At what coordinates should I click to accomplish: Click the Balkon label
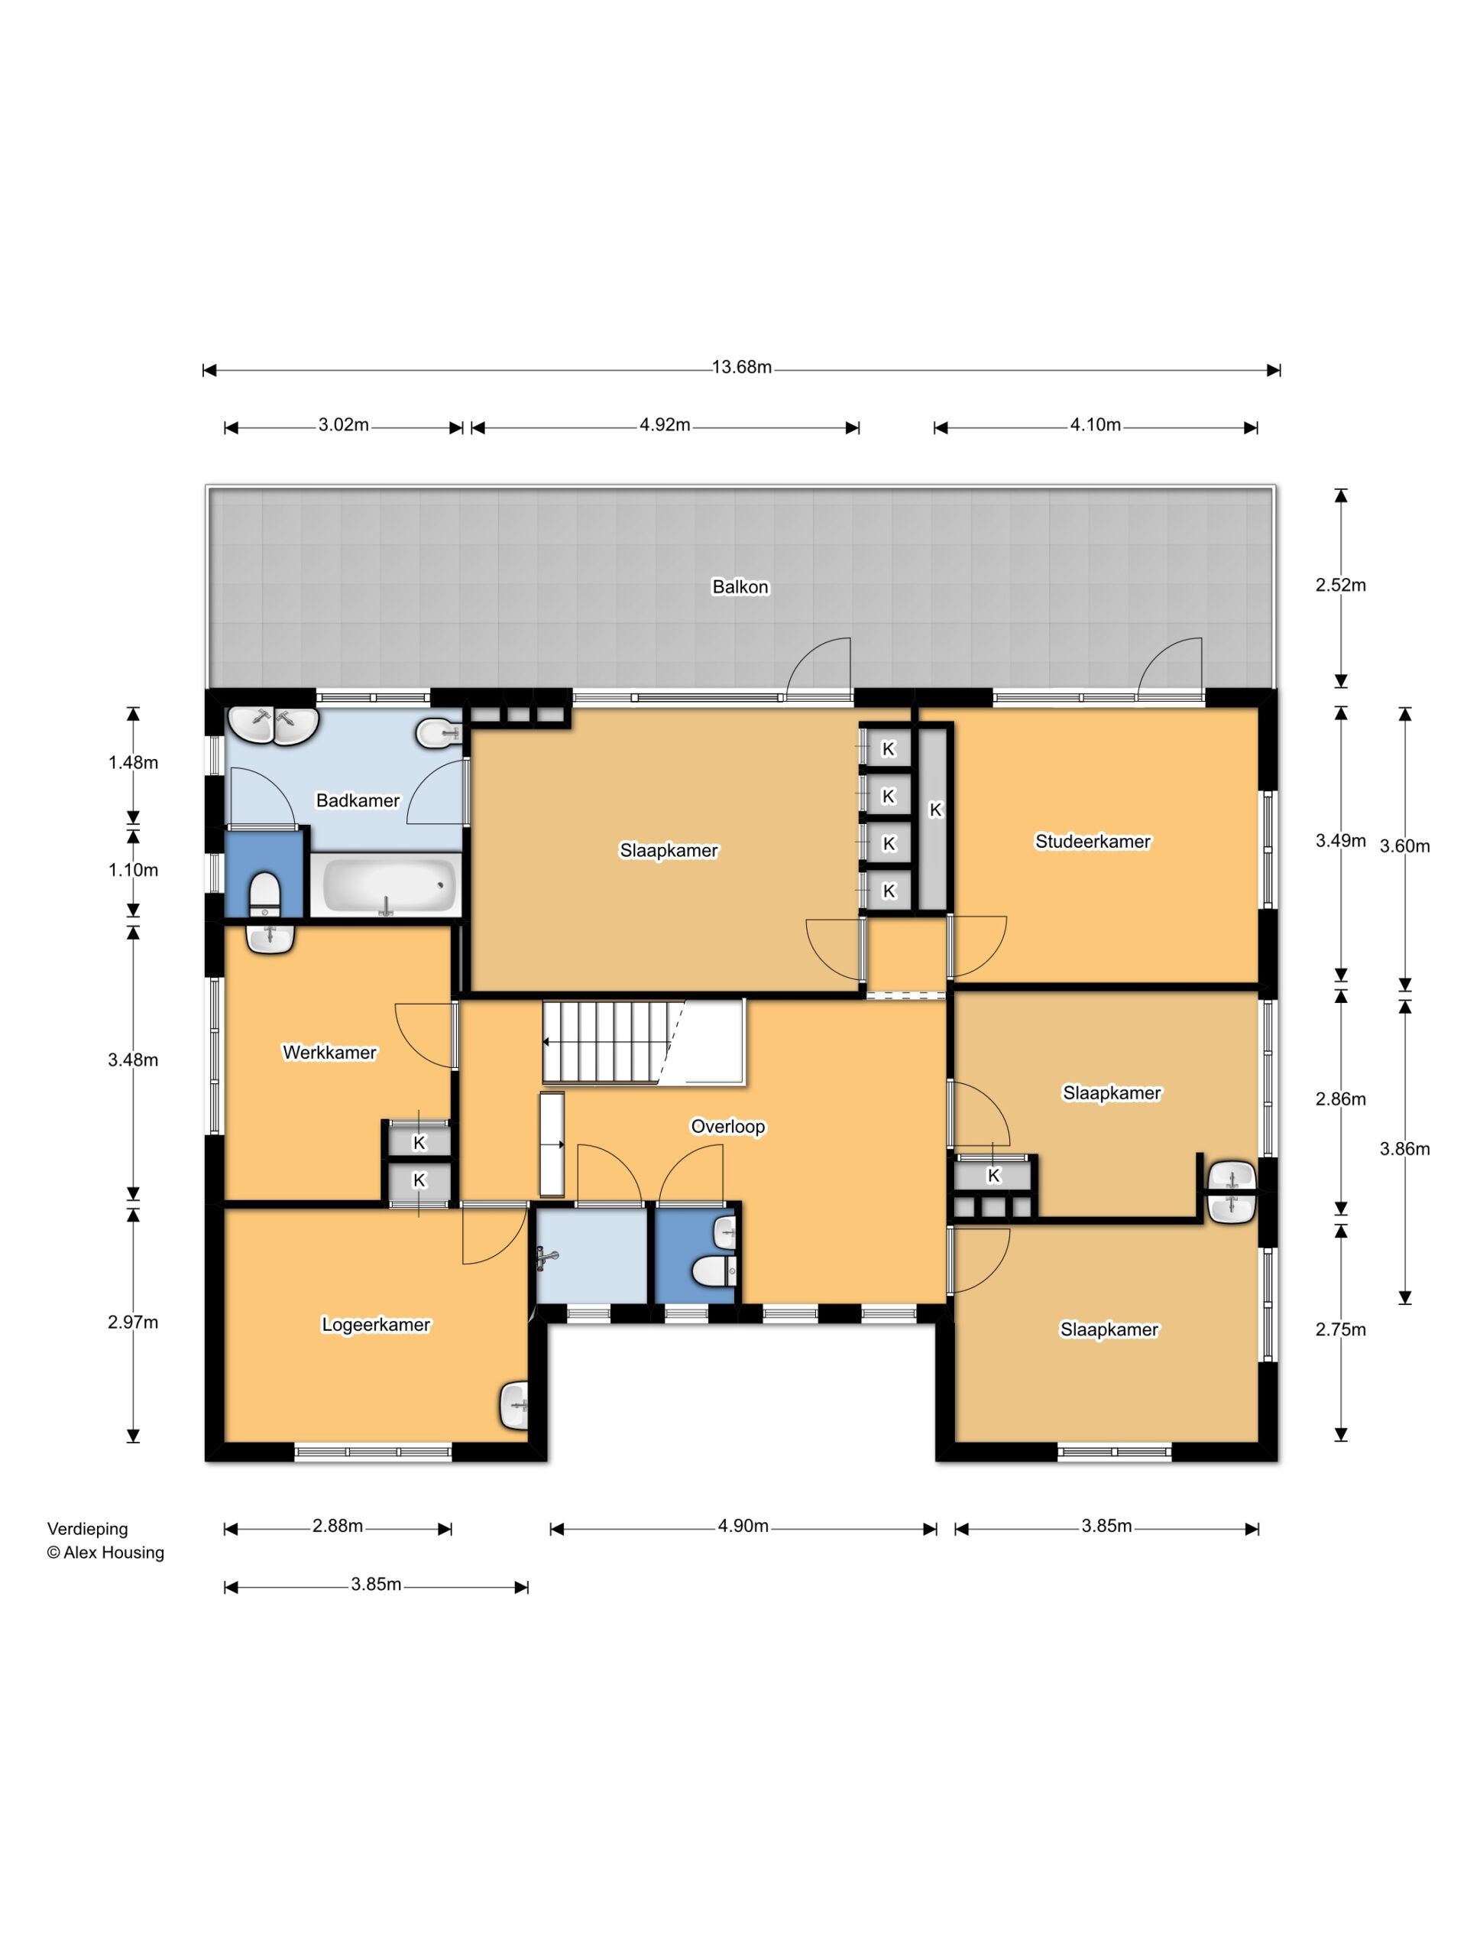740,586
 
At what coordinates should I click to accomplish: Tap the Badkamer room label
358,800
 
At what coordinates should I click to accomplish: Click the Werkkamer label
330,1052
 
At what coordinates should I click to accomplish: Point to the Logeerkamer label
376,1325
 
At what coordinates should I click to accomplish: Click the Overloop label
727,1126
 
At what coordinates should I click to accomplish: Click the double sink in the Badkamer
274,725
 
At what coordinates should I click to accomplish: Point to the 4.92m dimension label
665,425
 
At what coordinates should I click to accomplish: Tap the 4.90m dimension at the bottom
743,1526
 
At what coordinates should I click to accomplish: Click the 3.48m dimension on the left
134,1060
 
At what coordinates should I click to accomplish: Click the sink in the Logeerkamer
515,1405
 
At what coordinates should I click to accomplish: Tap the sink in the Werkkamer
270,938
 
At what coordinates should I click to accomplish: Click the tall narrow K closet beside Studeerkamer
934,817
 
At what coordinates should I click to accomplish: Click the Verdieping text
88,1529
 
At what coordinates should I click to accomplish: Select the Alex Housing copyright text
105,1553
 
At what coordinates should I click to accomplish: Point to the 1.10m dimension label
134,870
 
